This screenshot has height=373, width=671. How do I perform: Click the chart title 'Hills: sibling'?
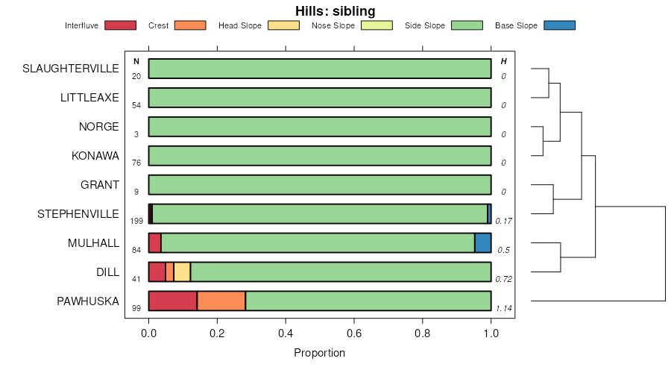click(335, 10)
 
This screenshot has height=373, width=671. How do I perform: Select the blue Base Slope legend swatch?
click(559, 25)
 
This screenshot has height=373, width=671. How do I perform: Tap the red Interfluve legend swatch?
click(120, 25)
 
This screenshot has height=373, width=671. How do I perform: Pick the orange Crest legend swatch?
click(189, 25)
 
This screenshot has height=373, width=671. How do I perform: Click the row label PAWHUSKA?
click(88, 301)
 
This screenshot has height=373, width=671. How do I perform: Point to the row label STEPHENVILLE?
click(78, 214)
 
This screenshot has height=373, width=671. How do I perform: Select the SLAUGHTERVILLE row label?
click(71, 69)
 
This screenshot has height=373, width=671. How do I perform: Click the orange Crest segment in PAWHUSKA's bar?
click(221, 301)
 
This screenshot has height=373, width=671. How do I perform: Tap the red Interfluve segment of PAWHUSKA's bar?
click(172, 301)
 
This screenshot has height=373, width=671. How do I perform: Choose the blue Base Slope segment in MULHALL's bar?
click(482, 242)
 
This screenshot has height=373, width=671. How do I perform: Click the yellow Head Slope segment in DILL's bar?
click(182, 272)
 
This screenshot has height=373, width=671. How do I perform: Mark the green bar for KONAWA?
click(320, 156)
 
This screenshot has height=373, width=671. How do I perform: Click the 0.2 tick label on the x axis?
click(217, 333)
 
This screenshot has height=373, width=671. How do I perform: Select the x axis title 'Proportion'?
click(320, 353)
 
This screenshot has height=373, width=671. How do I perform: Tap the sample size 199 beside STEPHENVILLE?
click(136, 222)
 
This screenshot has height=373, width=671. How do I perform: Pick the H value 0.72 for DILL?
click(504, 279)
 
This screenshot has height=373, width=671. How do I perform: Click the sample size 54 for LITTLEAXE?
click(136, 105)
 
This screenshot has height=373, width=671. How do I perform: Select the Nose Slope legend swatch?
click(377, 25)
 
